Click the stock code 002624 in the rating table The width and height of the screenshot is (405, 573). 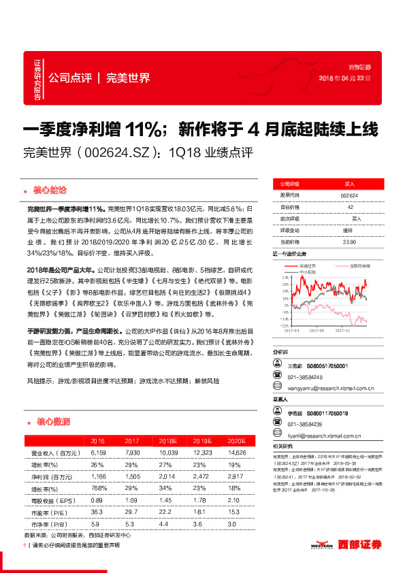click(349, 195)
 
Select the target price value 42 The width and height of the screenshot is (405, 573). click(349, 207)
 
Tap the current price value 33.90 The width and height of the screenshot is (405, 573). click(349, 242)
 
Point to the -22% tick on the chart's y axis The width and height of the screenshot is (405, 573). click(280, 325)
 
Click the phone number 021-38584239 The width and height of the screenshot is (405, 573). click(305, 423)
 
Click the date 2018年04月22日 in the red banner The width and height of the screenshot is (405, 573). click(348, 78)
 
